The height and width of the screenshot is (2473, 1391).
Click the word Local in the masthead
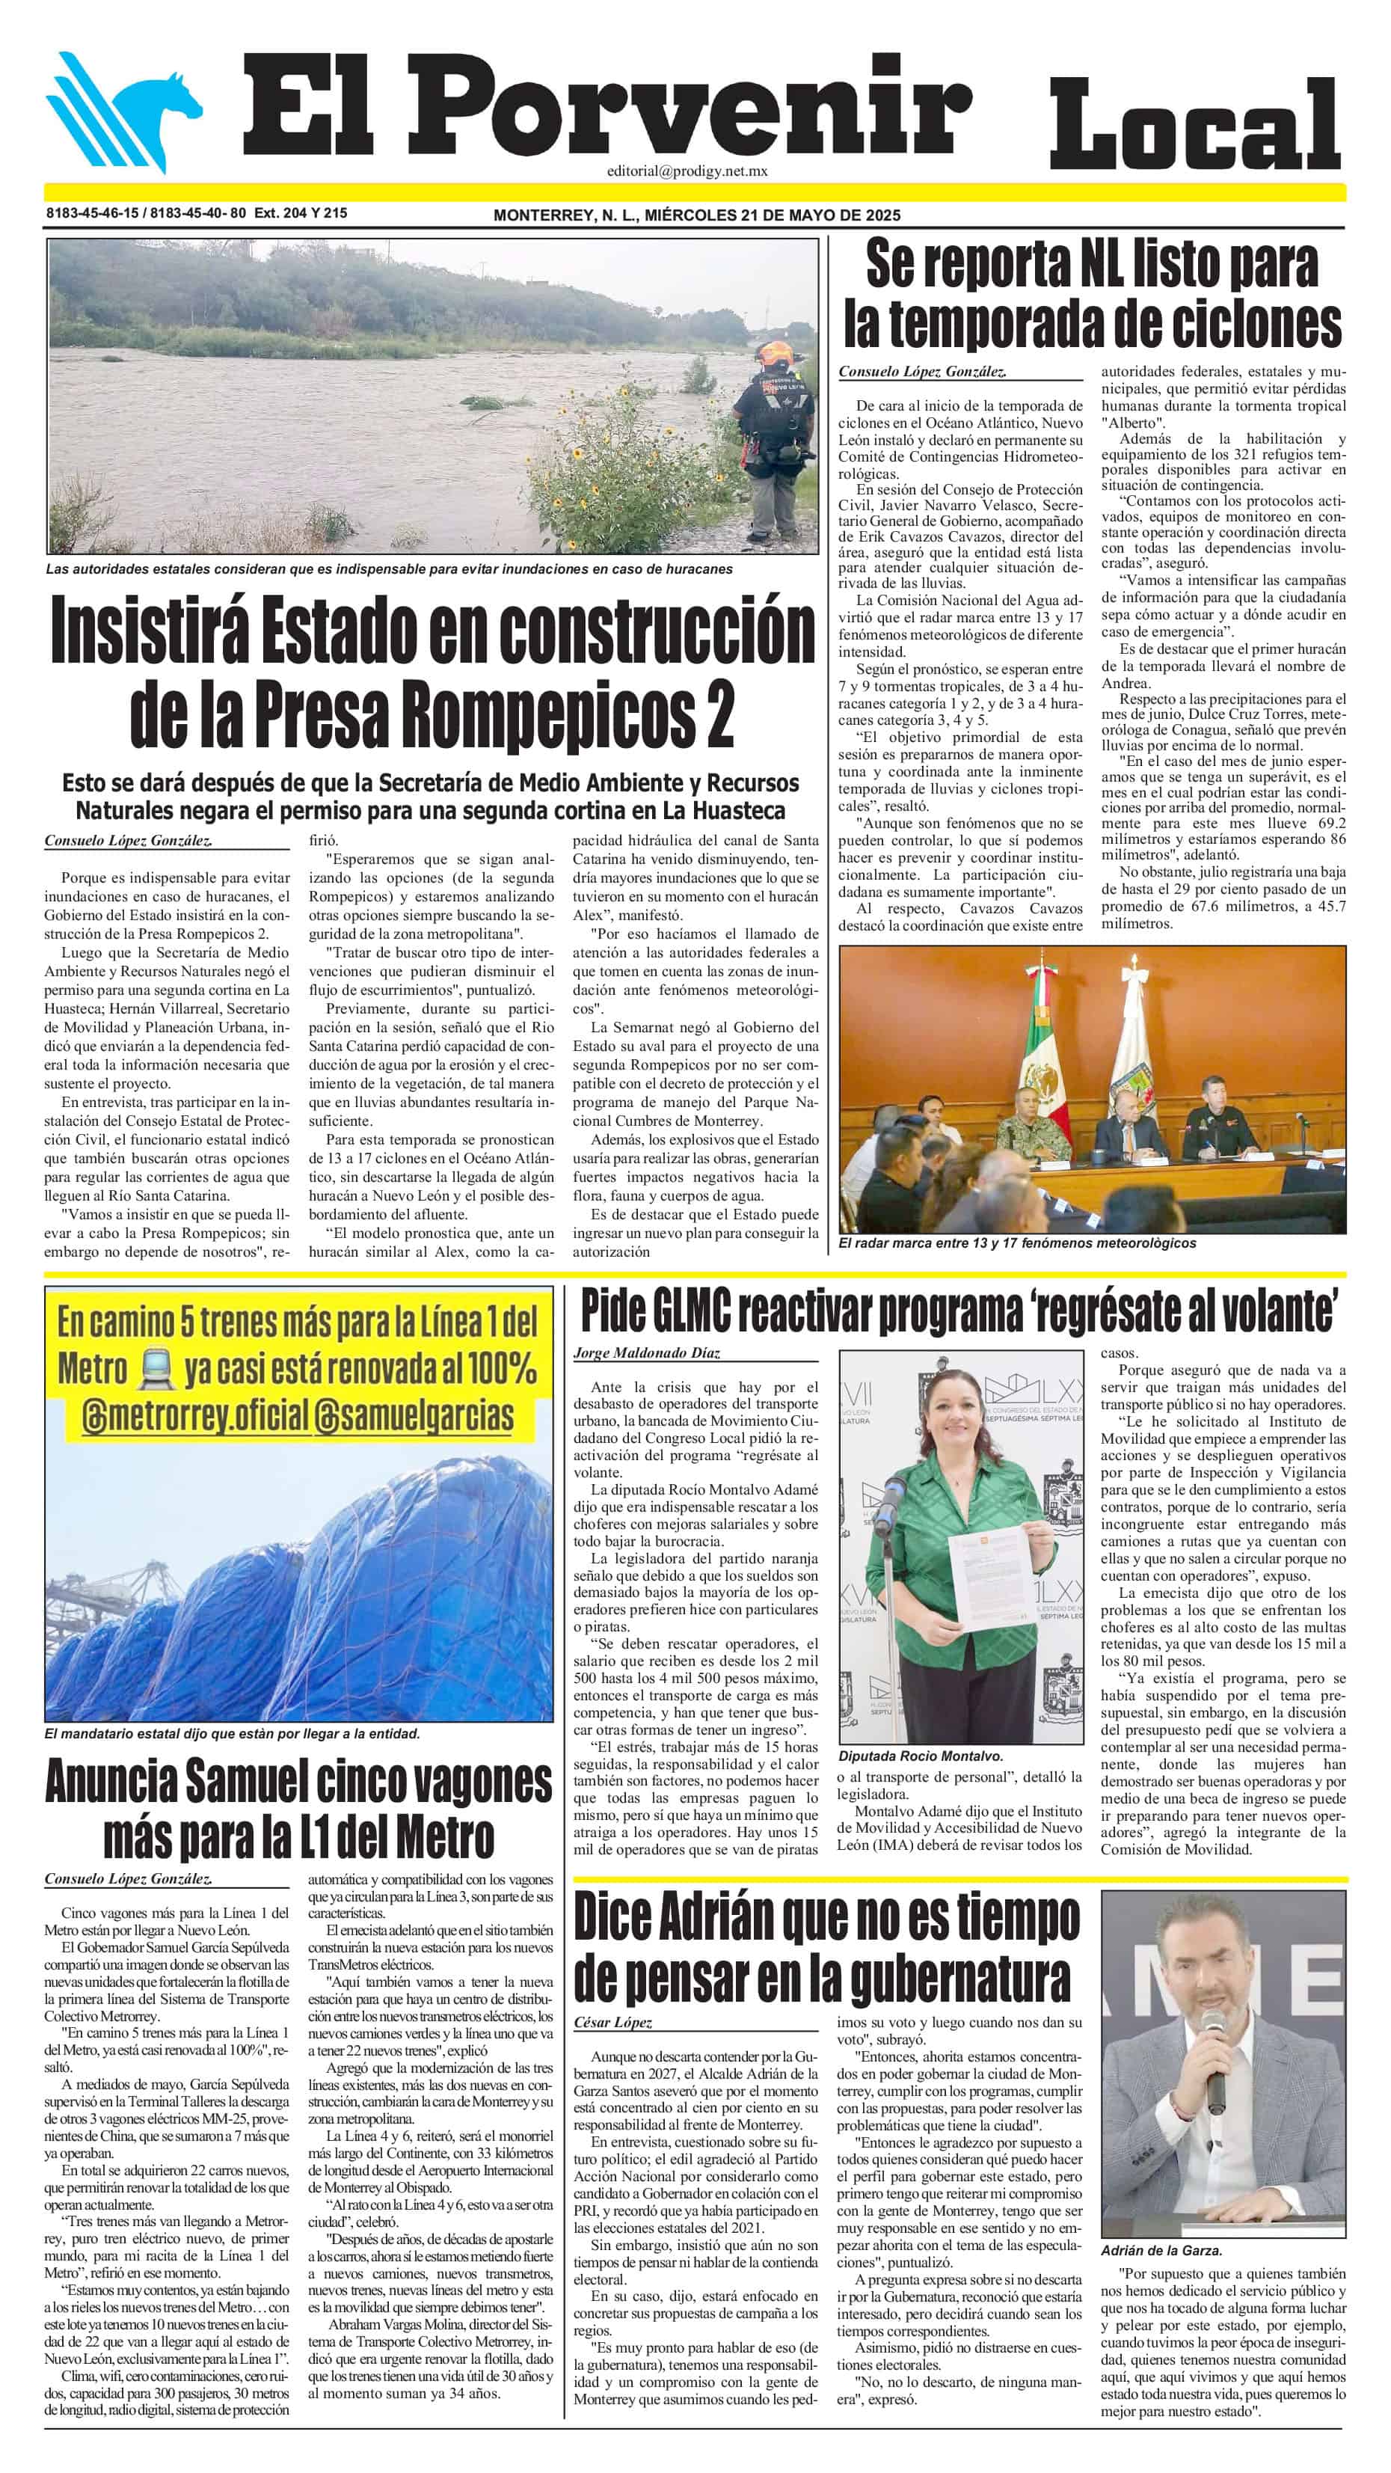1194,126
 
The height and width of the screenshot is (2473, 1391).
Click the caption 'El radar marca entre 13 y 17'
1016,1242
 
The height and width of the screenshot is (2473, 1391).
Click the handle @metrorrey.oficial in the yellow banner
195,1416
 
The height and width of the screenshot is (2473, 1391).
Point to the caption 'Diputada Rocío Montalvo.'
920,1756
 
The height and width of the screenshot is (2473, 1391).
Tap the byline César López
612,2023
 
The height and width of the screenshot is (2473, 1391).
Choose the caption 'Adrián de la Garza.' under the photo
1161,2250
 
